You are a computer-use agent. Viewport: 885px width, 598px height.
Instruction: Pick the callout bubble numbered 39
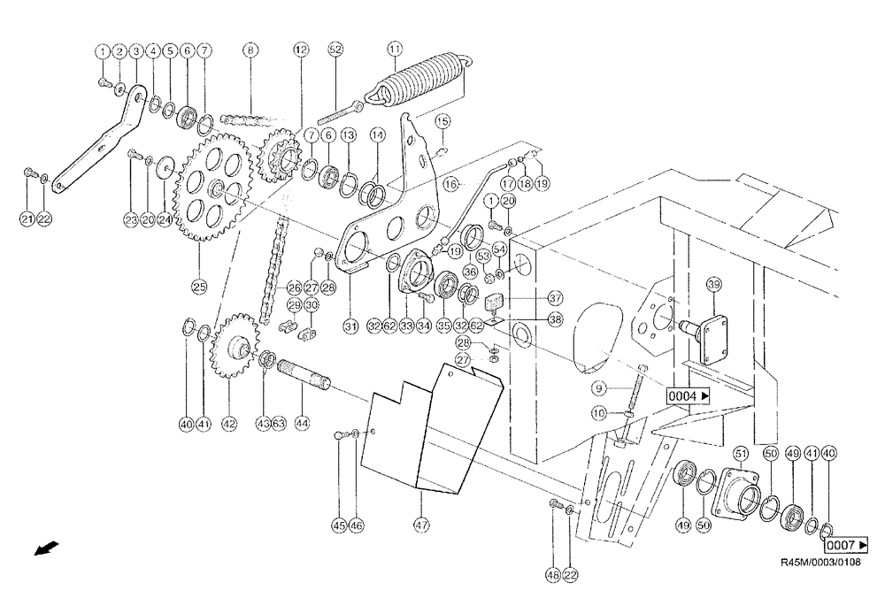[715, 284]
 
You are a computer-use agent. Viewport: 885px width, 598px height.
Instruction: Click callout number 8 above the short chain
[250, 50]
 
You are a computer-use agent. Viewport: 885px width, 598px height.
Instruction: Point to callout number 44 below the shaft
[303, 424]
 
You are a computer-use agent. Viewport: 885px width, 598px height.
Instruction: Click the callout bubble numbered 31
[350, 326]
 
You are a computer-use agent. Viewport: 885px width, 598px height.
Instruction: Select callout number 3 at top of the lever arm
[136, 50]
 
